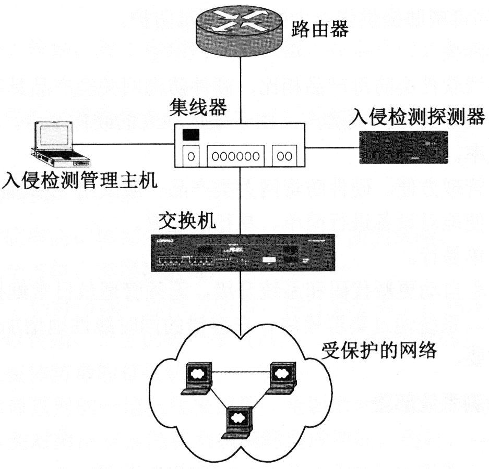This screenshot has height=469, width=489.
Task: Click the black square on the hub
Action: point(190,134)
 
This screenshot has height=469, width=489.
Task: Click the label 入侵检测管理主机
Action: point(78,181)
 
